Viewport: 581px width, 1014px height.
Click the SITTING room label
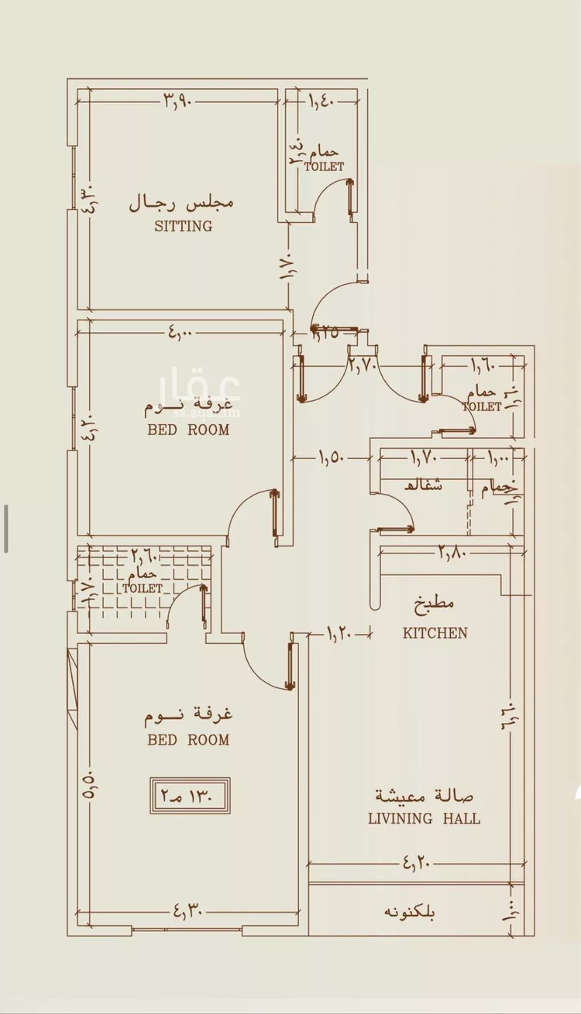pyautogui.click(x=183, y=227)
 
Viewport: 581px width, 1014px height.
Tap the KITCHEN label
pyautogui.click(x=435, y=633)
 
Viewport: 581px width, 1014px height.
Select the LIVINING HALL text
pyautogui.click(x=424, y=818)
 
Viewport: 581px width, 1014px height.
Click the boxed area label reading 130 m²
pyautogui.click(x=190, y=795)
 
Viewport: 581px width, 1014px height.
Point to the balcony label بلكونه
pyautogui.click(x=410, y=912)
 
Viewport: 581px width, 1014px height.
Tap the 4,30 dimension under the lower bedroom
pyautogui.click(x=188, y=912)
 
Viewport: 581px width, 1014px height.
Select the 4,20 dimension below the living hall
pyautogui.click(x=415, y=862)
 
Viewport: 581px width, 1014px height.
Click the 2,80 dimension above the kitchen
pyautogui.click(x=453, y=552)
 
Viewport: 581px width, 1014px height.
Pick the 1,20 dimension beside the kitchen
pyautogui.click(x=339, y=634)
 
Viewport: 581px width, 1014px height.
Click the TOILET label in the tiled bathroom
pyautogui.click(x=143, y=588)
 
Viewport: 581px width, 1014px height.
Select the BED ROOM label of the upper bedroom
pyautogui.click(x=188, y=430)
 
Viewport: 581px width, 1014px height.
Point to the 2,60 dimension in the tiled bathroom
pyautogui.click(x=144, y=555)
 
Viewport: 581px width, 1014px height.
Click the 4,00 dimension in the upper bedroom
pyautogui.click(x=179, y=334)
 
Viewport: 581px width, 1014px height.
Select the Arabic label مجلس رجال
pyautogui.click(x=181, y=204)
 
